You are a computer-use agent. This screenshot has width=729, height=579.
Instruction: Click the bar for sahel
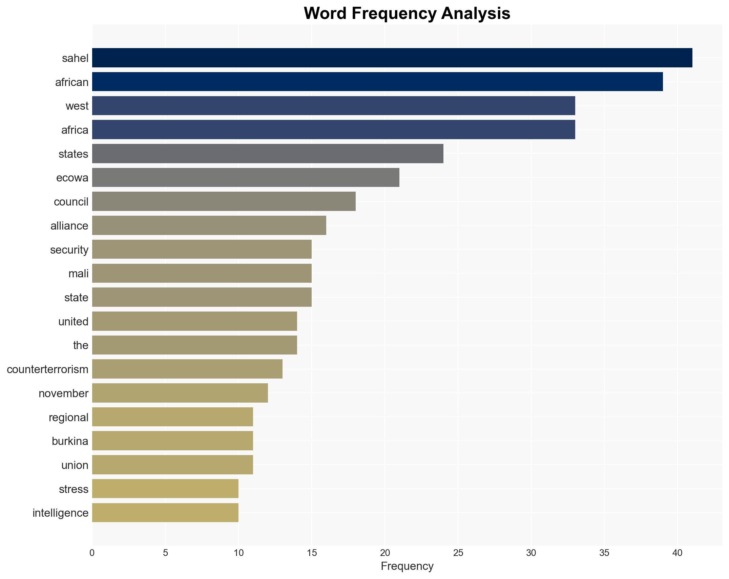click(x=392, y=58)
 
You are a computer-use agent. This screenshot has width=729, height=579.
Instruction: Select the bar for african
click(x=377, y=82)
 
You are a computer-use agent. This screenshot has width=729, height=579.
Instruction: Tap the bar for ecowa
click(x=246, y=177)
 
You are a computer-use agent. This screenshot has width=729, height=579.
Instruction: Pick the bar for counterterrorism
click(x=187, y=369)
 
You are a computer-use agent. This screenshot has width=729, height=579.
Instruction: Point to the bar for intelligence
click(x=165, y=513)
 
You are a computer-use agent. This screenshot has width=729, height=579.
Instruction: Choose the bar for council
click(x=224, y=201)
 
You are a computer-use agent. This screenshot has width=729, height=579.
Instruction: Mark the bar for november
click(x=180, y=393)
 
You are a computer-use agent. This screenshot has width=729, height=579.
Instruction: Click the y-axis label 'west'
click(x=77, y=106)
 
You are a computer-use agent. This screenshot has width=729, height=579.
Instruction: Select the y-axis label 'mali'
click(x=78, y=274)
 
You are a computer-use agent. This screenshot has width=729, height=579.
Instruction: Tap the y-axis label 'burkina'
click(x=70, y=441)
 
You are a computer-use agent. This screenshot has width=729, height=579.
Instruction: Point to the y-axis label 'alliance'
click(x=69, y=226)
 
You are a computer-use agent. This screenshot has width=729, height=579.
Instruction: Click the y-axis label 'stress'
click(x=74, y=489)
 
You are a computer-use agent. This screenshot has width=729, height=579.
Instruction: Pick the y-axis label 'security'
click(x=69, y=250)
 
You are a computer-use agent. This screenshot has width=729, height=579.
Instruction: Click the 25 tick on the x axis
click(x=458, y=553)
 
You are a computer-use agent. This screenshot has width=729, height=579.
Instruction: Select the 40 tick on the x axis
click(x=677, y=553)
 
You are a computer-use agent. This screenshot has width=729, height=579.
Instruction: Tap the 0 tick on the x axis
click(x=92, y=553)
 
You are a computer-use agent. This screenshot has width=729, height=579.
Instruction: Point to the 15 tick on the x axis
click(x=312, y=553)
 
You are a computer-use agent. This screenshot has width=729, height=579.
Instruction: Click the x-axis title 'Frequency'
click(x=407, y=566)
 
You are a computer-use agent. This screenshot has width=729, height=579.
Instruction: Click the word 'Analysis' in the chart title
click(x=476, y=14)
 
